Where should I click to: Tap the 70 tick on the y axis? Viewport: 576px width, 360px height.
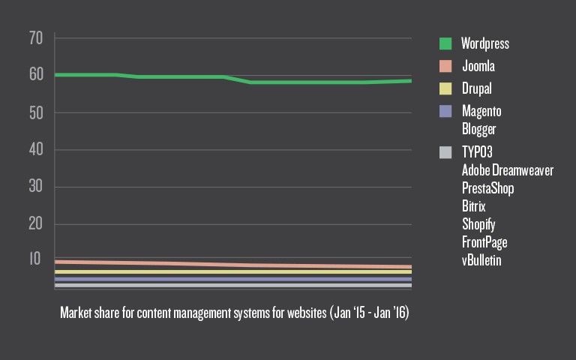point(37,37)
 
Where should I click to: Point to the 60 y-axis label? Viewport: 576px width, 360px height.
point(37,75)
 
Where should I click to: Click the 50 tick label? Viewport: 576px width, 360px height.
point(37,112)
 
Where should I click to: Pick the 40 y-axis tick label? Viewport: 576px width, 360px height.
point(37,150)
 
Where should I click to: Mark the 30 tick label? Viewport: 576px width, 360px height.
point(37,187)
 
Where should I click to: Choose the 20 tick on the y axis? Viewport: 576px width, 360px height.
point(37,223)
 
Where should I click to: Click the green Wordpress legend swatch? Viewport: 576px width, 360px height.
point(445,43)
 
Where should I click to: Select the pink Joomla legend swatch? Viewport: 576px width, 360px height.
point(445,66)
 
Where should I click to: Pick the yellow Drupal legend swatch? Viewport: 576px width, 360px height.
point(445,88)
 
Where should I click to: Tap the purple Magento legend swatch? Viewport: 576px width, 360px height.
point(445,111)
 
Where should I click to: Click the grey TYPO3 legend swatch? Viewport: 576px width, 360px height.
point(445,152)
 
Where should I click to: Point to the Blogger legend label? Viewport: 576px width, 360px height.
point(478,129)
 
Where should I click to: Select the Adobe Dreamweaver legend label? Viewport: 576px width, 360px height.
point(508,170)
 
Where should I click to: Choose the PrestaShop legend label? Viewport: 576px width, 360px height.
point(487,188)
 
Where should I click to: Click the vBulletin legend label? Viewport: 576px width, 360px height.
point(481,260)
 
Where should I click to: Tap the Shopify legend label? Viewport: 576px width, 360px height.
point(478,224)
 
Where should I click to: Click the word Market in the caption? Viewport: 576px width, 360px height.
point(76,312)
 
